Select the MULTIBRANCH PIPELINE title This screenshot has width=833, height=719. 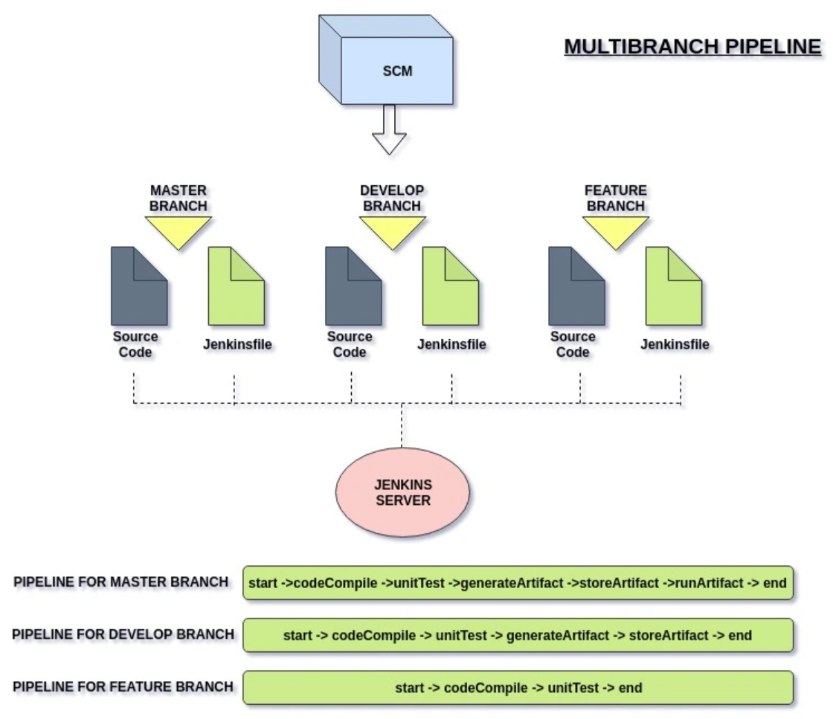tap(692, 47)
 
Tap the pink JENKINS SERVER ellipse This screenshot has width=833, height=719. tap(402, 491)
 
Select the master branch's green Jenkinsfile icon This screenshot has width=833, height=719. tap(236, 286)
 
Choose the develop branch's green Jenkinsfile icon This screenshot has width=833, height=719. tap(451, 286)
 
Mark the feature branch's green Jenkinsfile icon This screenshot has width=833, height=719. tap(673, 286)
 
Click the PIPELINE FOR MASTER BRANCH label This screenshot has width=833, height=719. tap(121, 582)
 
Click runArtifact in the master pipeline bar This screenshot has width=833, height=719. tap(710, 584)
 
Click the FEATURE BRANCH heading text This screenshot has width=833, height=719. tap(615, 197)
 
